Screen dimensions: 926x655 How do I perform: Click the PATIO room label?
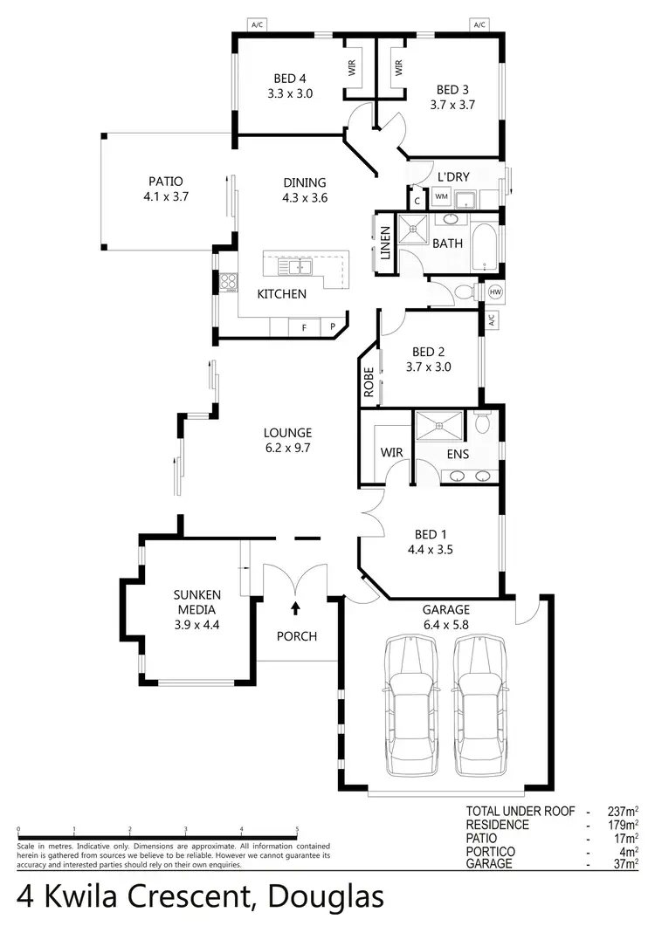coord(165,182)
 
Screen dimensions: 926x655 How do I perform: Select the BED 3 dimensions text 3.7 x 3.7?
coord(452,104)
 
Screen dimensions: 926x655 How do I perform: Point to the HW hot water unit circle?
coord(496,291)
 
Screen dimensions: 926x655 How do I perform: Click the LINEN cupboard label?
coord(385,244)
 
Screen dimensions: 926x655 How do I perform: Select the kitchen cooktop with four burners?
coord(228,281)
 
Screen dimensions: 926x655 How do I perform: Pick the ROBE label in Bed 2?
coord(369,383)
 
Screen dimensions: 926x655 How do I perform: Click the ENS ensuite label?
coord(458,454)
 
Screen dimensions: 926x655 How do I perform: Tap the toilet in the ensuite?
coord(483,424)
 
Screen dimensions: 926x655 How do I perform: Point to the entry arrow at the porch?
coord(295,607)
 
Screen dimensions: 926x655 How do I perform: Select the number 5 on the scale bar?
coord(297,830)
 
